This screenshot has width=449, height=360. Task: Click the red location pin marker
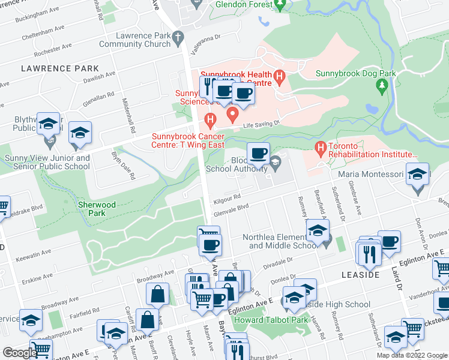(231, 113)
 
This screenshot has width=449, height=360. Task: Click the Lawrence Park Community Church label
(135, 40)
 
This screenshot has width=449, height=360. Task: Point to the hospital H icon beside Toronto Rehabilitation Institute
(321, 147)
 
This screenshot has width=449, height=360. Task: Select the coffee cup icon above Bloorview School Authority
(258, 154)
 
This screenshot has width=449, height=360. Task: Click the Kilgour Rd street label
(227, 197)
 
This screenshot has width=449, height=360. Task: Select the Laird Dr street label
(399, 281)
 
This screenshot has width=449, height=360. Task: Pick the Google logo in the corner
(19, 353)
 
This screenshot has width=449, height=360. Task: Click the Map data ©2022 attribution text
(411, 355)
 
